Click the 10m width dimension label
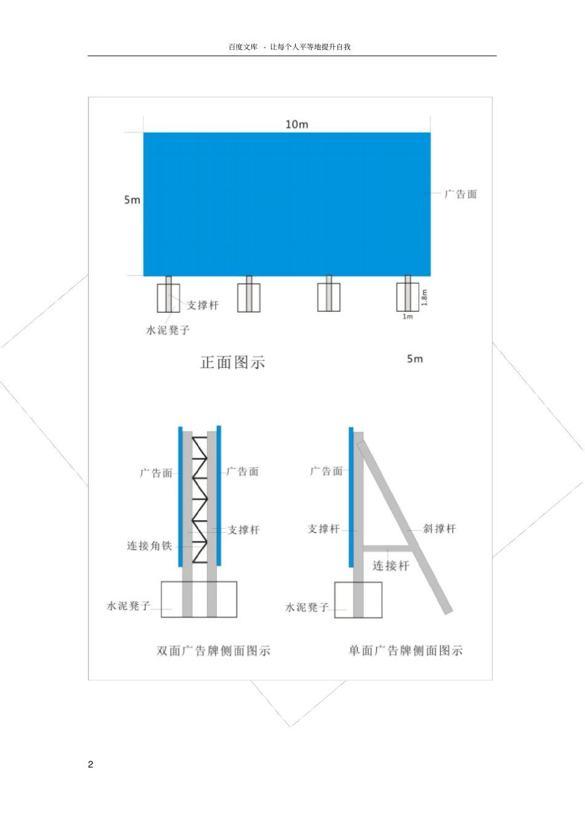tap(297, 125)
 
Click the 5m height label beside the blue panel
tap(132, 200)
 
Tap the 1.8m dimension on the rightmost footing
tap(424, 297)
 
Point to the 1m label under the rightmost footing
tap(408, 317)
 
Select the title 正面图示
tap(233, 362)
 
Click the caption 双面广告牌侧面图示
tap(214, 651)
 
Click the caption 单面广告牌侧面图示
tap(406, 651)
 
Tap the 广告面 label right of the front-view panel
tap(461, 194)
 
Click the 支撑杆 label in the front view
tap(203, 305)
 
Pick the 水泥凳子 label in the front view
tap(167, 330)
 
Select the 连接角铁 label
tap(149, 545)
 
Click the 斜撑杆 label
tap(440, 529)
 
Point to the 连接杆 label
tap(390, 566)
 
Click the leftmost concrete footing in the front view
tap(168, 298)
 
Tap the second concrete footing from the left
tap(249, 298)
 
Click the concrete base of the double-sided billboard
tap(199, 599)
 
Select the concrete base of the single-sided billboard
tap(358, 600)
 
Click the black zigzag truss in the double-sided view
tap(200, 499)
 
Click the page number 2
tap(91, 765)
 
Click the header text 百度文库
tap(243, 47)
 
